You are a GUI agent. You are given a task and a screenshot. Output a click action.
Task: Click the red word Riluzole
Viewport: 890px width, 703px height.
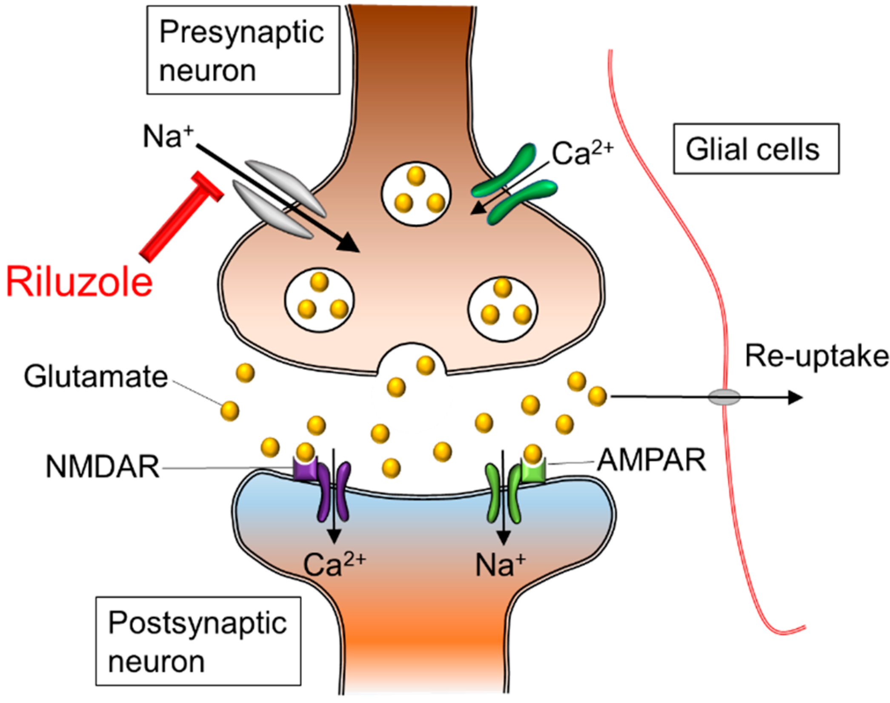point(79,282)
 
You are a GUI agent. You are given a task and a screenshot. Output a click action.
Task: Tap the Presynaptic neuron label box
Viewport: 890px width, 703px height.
point(243,50)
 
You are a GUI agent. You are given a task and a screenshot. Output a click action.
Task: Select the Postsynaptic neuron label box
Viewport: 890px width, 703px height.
point(198,641)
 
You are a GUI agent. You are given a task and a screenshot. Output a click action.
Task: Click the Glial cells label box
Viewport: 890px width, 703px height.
point(756,149)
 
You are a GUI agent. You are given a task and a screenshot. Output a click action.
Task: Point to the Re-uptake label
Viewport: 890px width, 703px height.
point(816,356)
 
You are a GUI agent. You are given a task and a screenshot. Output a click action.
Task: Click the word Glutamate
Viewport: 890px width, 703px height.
point(96,377)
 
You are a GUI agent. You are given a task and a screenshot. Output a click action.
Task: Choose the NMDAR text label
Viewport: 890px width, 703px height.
point(103,467)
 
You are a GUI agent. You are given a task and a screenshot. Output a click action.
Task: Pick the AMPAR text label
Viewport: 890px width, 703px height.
point(651,460)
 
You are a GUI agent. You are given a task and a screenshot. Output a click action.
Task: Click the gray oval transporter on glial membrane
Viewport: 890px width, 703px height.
point(724,397)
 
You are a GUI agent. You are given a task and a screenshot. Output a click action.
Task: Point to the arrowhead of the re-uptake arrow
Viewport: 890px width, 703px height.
point(795,397)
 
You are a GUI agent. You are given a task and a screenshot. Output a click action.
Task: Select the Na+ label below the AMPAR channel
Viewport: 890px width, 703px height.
point(500,565)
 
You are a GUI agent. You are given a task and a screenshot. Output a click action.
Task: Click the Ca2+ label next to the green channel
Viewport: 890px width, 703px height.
point(582,153)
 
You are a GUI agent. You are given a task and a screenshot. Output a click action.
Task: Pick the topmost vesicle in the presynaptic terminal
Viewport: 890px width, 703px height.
point(416,193)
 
